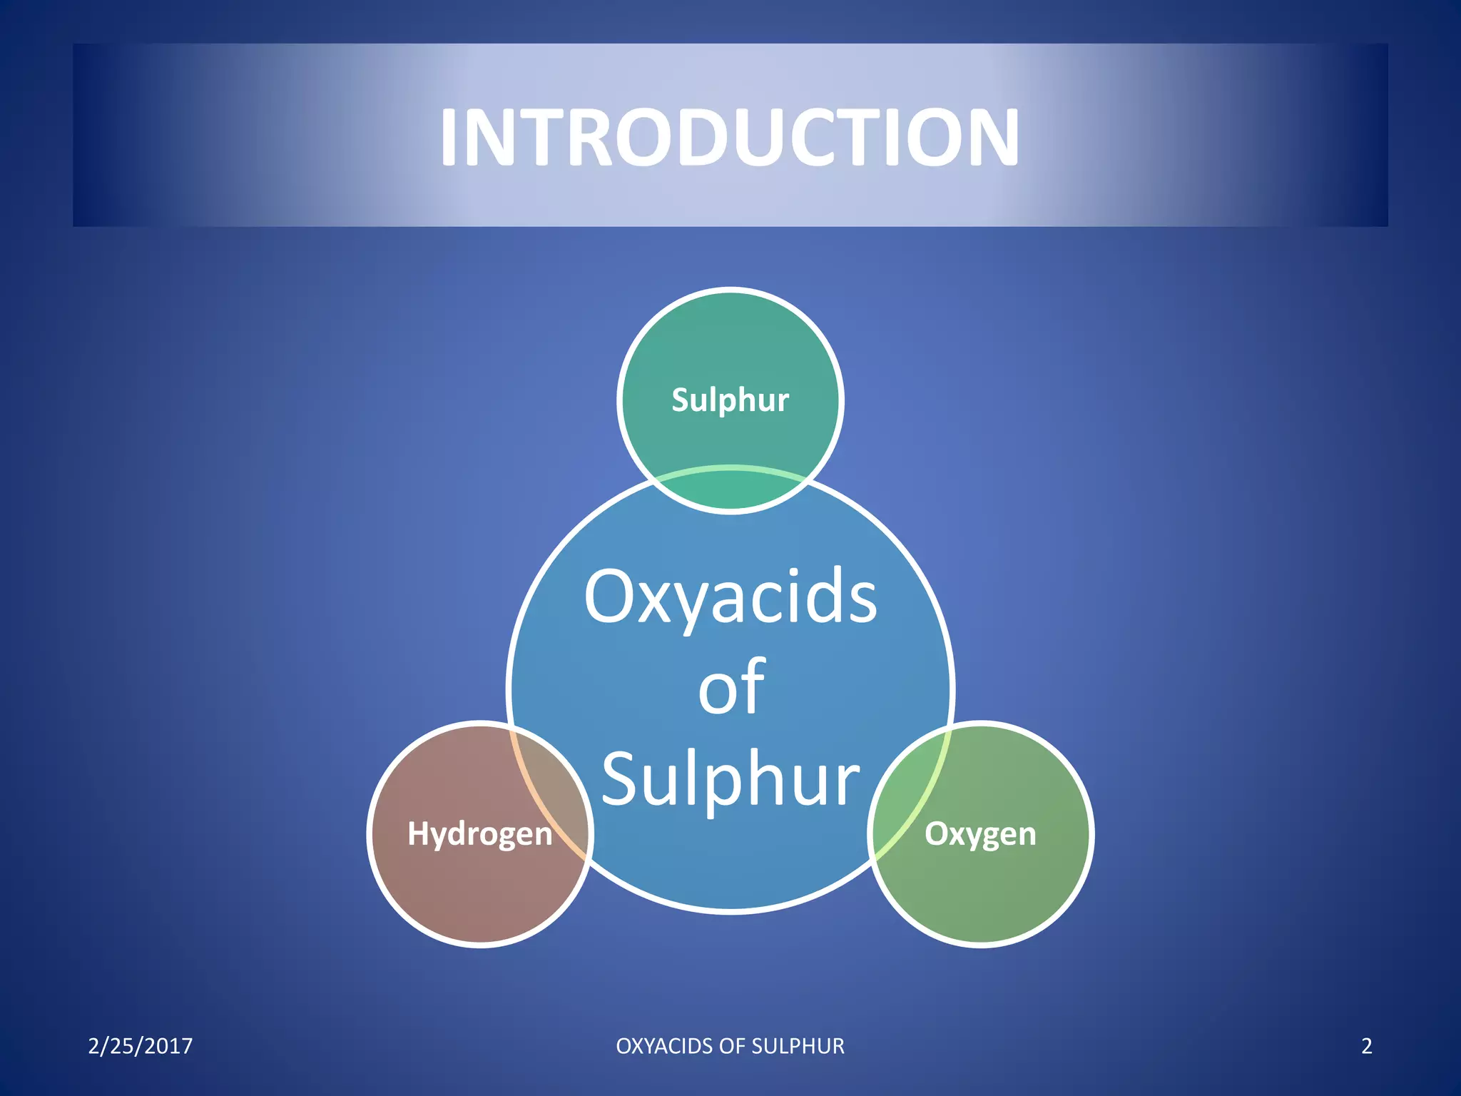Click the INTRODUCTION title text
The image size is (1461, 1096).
coord(730,137)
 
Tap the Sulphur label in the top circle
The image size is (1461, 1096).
coord(730,400)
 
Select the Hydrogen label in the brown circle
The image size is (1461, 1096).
coord(479,833)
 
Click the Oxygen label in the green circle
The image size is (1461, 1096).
coord(980,833)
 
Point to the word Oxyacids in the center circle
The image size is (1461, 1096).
coord(730,598)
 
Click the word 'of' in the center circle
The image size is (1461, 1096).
coord(730,688)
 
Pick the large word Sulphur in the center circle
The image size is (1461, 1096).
coord(730,779)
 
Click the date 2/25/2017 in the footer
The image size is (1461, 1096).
coord(140,1046)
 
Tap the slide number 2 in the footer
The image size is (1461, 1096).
coord(1366,1046)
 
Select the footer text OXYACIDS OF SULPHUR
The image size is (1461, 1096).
coord(730,1046)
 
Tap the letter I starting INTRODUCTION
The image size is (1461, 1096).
coord(448,137)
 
